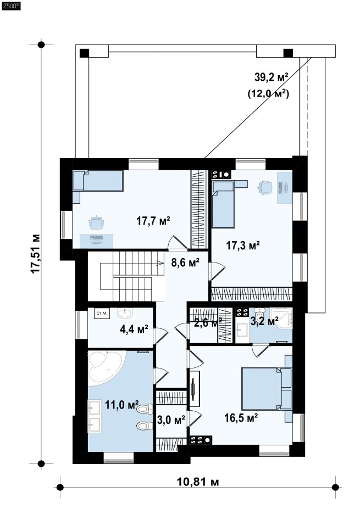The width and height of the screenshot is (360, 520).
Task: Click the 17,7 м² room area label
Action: pos(153,221)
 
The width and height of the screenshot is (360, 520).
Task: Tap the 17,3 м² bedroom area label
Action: pos(243,245)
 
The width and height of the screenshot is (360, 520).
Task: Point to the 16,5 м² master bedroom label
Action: pos(241,418)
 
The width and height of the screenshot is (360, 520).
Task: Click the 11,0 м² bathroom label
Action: pos(122,405)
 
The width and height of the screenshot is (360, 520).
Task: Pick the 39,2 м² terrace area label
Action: pos(271,77)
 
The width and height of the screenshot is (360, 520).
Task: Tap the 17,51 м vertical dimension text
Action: pos(36,254)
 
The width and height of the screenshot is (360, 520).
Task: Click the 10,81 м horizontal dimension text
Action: pos(197,482)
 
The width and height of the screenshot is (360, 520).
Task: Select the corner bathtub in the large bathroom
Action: pos(106,368)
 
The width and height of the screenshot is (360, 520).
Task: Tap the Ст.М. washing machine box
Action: pos(102,313)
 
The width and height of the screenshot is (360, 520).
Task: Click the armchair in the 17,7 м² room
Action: pos(96,222)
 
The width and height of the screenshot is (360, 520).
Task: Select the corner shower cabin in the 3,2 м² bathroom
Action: pos(281,318)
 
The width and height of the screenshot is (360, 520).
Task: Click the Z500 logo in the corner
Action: pos(11,5)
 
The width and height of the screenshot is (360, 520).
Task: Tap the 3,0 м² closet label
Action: pos(171,420)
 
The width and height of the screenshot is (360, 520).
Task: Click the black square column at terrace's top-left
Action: pos(84,53)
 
